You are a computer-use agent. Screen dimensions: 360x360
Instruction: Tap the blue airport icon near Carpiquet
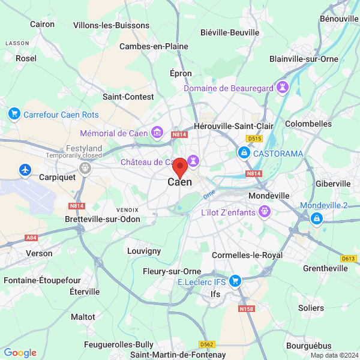click(x=25, y=170)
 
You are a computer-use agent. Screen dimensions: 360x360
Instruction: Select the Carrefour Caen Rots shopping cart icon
click(x=14, y=113)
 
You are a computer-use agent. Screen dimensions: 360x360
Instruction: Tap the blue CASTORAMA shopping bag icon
click(x=244, y=154)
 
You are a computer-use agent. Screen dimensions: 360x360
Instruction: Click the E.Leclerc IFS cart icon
click(x=235, y=280)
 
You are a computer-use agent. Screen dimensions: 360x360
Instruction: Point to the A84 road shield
click(x=31, y=238)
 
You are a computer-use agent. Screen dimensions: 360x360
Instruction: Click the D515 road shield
click(x=255, y=139)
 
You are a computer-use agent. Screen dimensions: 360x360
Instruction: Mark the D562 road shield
click(x=207, y=344)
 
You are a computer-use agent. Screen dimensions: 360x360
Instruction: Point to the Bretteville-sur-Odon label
click(x=102, y=219)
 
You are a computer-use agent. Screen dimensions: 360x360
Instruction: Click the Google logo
click(x=20, y=353)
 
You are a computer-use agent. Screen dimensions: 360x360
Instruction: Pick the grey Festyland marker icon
click(x=85, y=169)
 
